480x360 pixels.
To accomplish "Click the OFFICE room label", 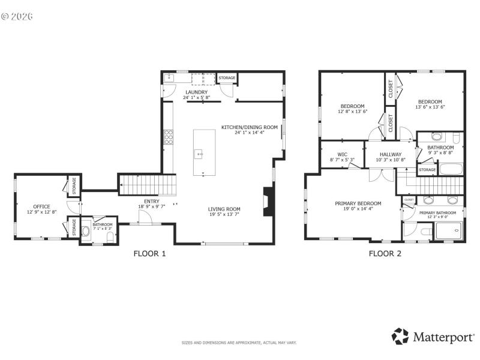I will (41, 206).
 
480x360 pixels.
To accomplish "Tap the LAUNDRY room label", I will (196, 92).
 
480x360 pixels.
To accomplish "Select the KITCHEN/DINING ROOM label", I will (250, 127).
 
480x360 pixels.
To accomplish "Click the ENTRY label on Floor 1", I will (151, 201).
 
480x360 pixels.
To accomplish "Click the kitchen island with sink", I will (204, 152).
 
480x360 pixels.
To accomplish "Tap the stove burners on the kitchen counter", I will (169, 137).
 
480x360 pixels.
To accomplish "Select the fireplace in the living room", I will (268, 202).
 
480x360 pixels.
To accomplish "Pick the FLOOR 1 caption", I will (149, 253).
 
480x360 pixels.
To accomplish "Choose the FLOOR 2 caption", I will (385, 253).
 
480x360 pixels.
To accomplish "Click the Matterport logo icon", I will (400, 336).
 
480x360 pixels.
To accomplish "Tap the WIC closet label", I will (342, 155).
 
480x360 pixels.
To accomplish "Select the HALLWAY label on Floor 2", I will (390, 155).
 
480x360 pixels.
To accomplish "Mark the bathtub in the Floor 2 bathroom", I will (451, 169).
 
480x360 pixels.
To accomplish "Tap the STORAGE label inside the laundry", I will (227, 79).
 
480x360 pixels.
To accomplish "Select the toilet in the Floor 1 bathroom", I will (110, 238).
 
